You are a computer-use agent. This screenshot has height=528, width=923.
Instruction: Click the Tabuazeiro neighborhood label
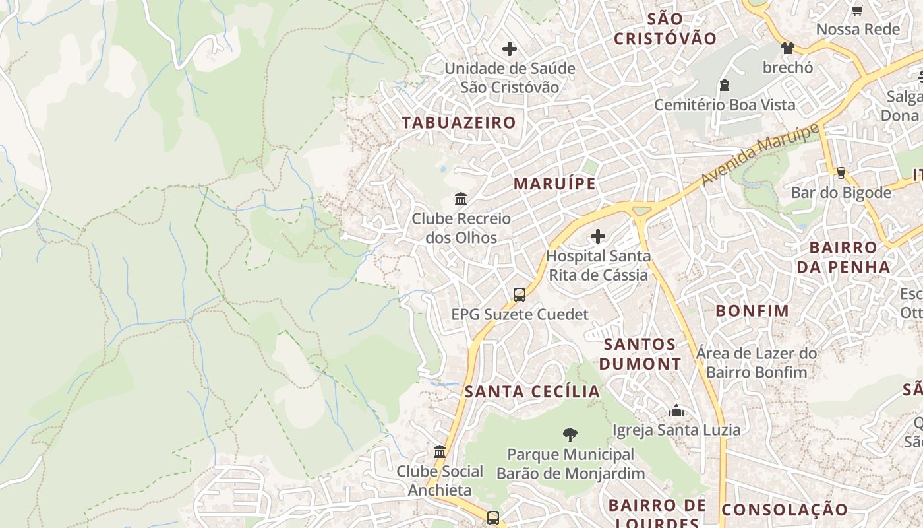459,123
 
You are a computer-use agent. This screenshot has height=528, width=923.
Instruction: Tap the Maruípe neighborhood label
554,183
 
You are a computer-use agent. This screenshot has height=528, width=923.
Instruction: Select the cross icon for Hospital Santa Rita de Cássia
598,236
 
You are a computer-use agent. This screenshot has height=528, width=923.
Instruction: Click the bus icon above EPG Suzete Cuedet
520,294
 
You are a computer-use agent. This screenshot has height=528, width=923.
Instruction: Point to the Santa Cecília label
533,391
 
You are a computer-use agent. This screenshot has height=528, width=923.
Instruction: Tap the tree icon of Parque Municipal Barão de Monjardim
570,435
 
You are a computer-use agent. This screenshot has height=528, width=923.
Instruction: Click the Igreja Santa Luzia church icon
676,411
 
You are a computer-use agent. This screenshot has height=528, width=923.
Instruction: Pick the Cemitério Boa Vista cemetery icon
725,85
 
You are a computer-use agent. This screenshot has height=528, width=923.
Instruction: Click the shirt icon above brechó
788,48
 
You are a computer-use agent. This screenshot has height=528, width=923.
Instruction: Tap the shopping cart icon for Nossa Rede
857,10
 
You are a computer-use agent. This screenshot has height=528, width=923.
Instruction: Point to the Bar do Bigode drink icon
841,173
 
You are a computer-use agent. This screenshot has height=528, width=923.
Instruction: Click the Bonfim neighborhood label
752,311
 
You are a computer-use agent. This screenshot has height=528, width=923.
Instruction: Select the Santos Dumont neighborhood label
640,354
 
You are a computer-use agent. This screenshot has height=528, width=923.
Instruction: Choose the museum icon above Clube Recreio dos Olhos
461,199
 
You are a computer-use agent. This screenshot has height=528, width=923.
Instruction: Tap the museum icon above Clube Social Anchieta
440,452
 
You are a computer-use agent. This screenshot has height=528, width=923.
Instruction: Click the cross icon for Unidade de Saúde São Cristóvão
510,49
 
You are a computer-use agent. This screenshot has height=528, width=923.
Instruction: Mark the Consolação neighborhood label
785,510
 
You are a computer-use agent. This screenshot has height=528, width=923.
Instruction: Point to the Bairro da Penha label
844,257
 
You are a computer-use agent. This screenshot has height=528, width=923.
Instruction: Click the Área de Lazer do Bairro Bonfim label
756,362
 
